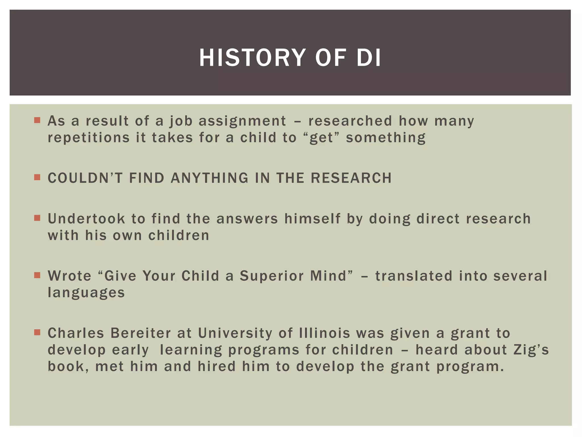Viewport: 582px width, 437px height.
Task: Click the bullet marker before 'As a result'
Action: coord(37,120)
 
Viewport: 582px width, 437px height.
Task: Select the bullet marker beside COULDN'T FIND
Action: coord(37,178)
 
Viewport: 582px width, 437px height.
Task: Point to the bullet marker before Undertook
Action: coord(37,218)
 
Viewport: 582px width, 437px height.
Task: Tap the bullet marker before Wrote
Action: coord(37,275)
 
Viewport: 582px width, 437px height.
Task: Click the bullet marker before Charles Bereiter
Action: coord(37,332)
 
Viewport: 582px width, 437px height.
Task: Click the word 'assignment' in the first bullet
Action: coord(242,121)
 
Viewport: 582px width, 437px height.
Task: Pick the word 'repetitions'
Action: coord(88,138)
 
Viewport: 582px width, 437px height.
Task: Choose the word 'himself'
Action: coord(312,219)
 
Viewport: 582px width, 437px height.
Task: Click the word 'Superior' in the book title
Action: coord(272,276)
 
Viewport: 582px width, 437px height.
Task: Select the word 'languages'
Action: coord(86,293)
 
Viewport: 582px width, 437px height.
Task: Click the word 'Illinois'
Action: coord(324,333)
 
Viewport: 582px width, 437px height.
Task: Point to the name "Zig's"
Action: coord(531,350)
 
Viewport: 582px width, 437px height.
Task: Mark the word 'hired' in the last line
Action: coord(217,366)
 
